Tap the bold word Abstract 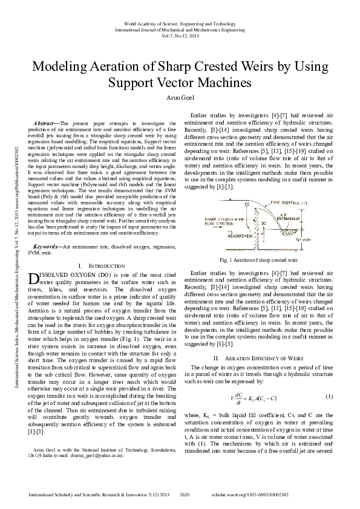coord(46,122)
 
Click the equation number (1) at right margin coord(329,396)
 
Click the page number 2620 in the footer coord(185,495)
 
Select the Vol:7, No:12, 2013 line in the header coord(180,35)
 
